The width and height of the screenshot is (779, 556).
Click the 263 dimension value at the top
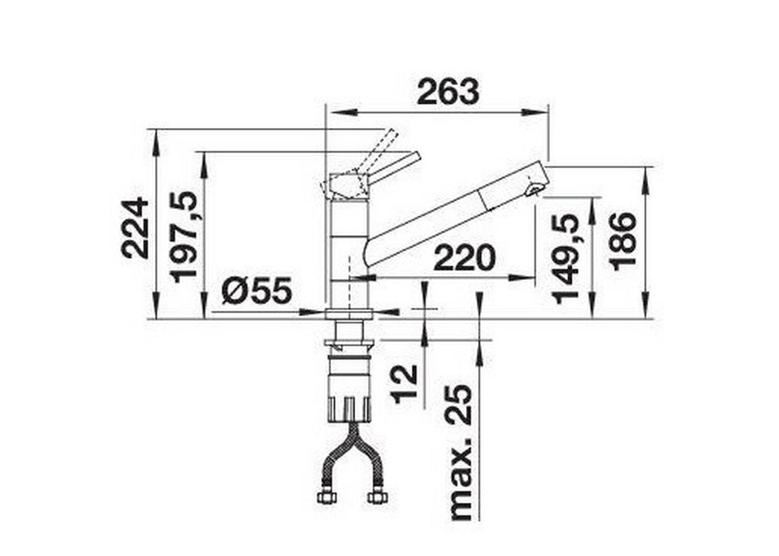click(x=448, y=92)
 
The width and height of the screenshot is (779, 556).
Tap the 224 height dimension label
click(x=136, y=227)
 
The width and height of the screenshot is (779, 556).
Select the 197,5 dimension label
click(x=184, y=236)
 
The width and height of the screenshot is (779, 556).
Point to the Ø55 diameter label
click(x=256, y=292)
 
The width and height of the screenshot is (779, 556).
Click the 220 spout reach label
click(x=464, y=260)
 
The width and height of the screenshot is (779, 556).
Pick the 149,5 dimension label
click(x=566, y=257)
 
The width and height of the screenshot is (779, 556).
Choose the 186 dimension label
click(x=624, y=240)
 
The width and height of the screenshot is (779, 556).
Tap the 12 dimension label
click(x=404, y=384)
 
